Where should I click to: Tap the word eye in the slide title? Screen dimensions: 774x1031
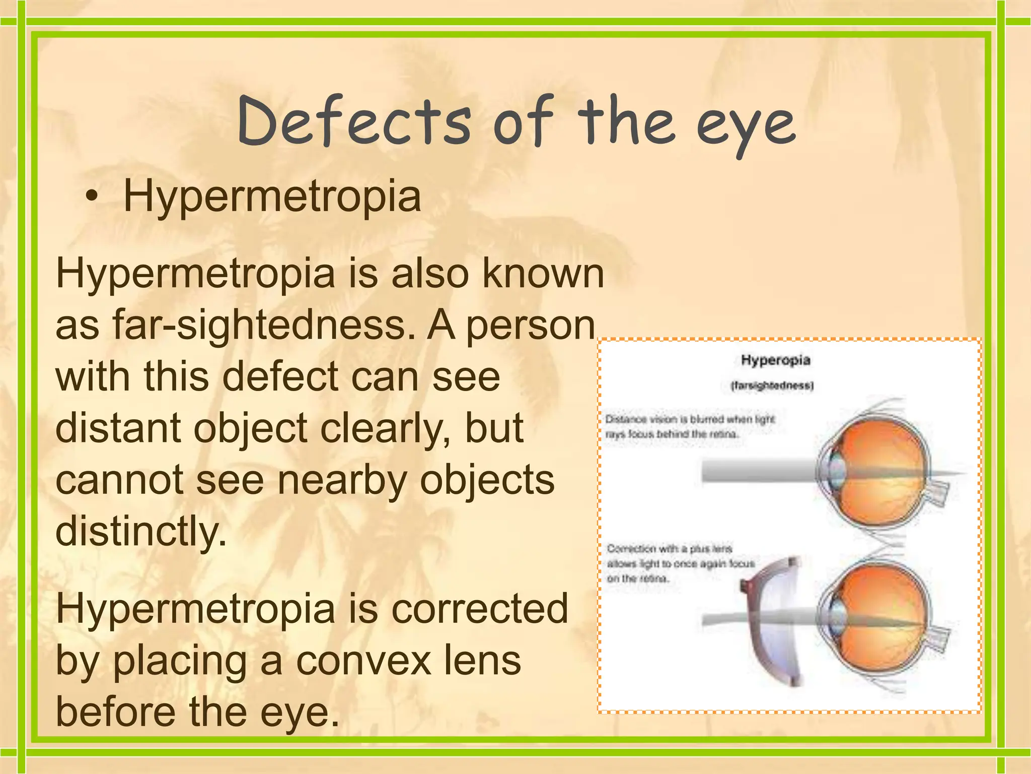pos(746,126)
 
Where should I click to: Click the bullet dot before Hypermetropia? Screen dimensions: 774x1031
pos(90,197)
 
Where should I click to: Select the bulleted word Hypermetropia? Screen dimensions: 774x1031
pos(272,197)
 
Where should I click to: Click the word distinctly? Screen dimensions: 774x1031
pos(141,532)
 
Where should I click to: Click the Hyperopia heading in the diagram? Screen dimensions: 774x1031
pos(775,360)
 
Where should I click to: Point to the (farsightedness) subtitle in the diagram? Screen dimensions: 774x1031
pos(772,386)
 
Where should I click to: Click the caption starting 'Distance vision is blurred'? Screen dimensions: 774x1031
pos(690,426)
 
